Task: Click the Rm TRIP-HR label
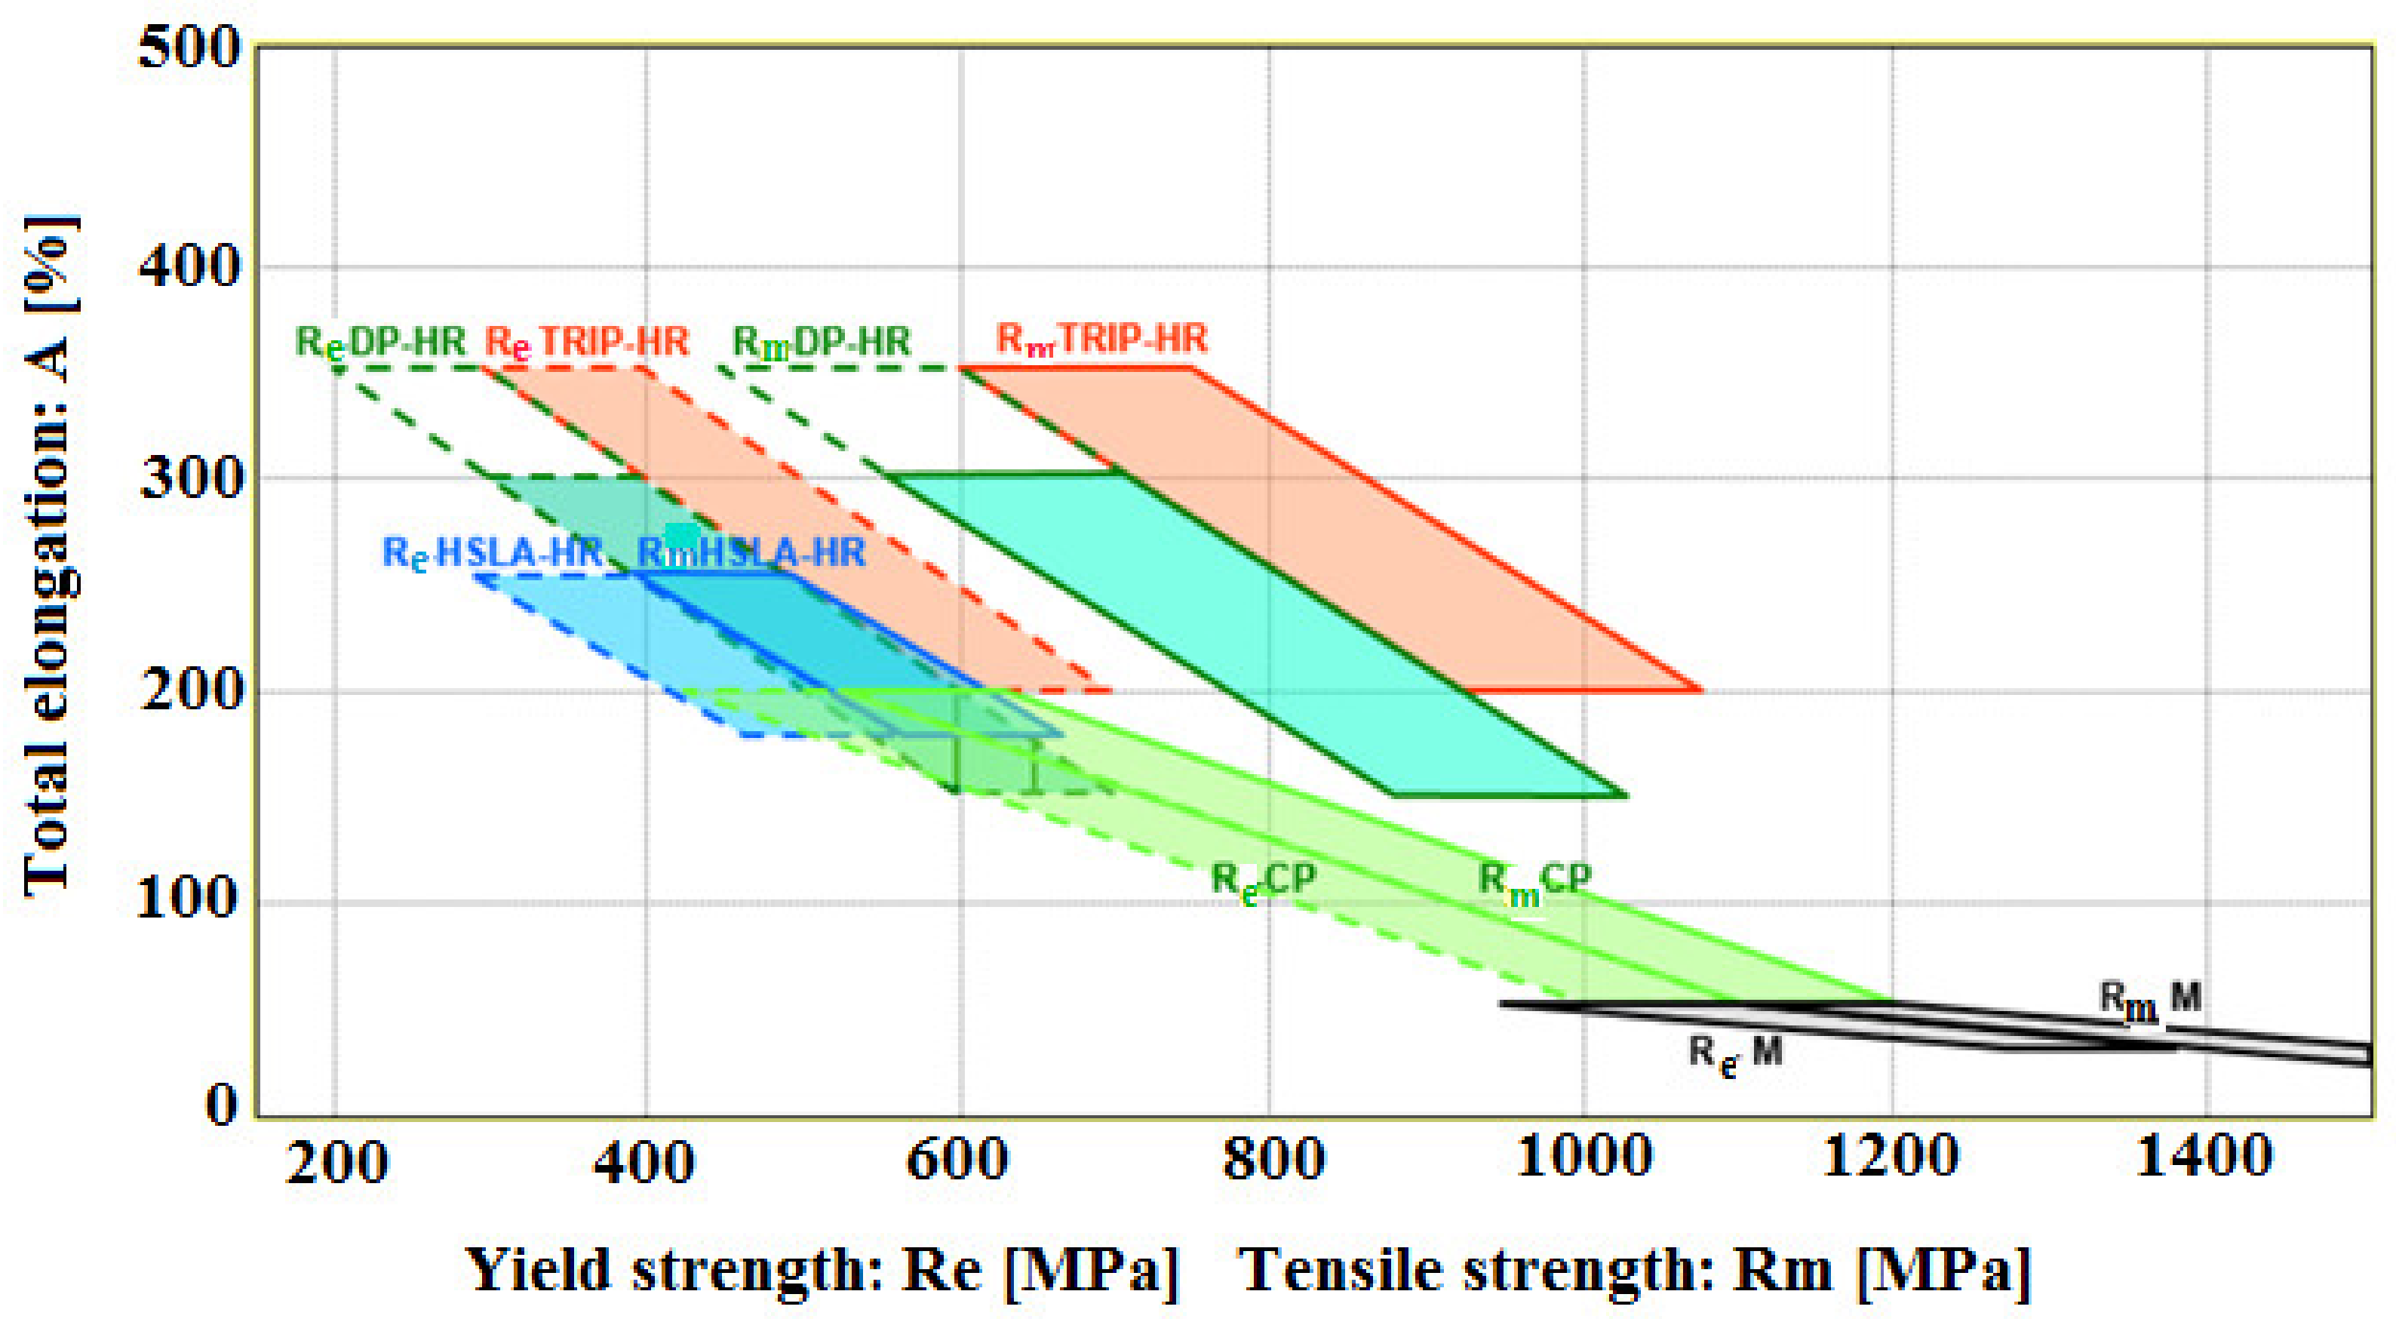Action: coord(1101,339)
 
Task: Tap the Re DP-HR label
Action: coord(379,343)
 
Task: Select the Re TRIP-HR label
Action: coord(586,343)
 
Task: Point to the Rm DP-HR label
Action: coord(820,343)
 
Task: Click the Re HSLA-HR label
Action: coord(492,554)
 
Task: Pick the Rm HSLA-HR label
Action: coord(751,554)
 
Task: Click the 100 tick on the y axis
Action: coord(189,899)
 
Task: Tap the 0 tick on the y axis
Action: coord(221,1105)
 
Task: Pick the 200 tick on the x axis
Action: coord(336,1163)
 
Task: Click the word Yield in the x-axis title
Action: coord(539,1269)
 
